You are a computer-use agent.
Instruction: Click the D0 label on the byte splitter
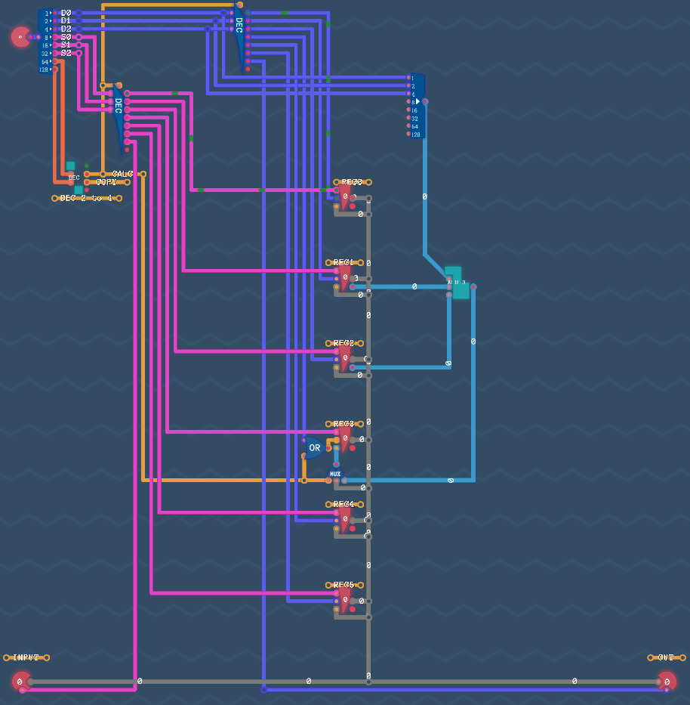click(x=66, y=13)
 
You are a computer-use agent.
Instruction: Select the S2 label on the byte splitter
click(x=66, y=53)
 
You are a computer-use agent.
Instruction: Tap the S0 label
click(x=66, y=37)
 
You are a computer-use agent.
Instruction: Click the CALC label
click(x=122, y=174)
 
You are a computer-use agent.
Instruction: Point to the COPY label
click(x=106, y=182)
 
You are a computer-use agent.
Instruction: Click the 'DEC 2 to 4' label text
click(x=86, y=198)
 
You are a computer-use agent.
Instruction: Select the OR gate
click(x=314, y=447)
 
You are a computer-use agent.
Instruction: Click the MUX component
click(x=335, y=475)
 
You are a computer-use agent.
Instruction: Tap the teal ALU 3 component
click(x=457, y=283)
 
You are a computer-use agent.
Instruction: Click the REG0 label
click(x=352, y=182)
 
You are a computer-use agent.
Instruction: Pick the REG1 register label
click(x=344, y=262)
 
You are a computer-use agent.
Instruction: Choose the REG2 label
click(x=344, y=343)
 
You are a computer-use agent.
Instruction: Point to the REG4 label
click(x=344, y=504)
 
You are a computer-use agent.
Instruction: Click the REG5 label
click(x=344, y=585)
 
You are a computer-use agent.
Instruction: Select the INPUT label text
click(x=26, y=657)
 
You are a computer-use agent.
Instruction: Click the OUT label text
click(x=665, y=657)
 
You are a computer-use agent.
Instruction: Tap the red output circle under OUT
click(x=667, y=681)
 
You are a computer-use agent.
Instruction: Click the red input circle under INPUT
click(x=20, y=682)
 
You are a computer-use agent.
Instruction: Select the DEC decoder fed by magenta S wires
click(x=119, y=117)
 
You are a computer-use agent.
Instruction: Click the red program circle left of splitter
click(x=20, y=36)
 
